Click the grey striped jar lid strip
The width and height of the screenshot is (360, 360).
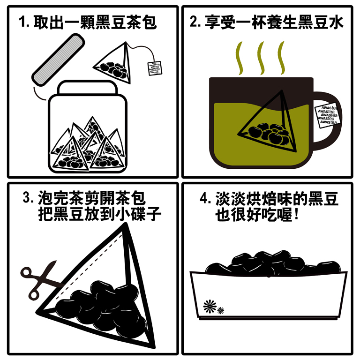tap(58, 60)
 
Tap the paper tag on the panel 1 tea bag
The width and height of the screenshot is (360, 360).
tap(155, 68)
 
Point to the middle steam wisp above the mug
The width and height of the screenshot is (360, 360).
tap(261, 58)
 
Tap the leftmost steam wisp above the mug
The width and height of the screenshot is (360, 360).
tap(239, 58)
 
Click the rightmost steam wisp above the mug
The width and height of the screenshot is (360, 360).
tap(281, 58)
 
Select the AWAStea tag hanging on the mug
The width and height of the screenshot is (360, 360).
tap(327, 115)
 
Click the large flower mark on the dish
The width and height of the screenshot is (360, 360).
tap(210, 306)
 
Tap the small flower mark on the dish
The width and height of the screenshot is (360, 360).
tap(221, 310)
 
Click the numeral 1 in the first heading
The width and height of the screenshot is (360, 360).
tap(22, 22)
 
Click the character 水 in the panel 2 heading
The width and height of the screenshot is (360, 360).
tap(337, 22)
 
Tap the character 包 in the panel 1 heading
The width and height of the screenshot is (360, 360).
tap(149, 22)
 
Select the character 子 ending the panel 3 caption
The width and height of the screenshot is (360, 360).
tap(154, 214)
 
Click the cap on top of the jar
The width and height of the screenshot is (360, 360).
tap(87, 87)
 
